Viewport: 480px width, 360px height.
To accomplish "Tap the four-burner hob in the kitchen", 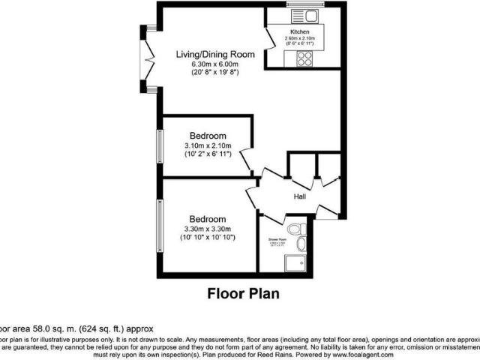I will [x=304, y=59].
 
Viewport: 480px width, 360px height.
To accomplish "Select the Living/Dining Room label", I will [x=215, y=55].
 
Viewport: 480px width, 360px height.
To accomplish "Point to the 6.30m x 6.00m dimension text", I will [x=215, y=64].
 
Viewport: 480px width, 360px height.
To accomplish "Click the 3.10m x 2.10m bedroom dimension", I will [x=208, y=145].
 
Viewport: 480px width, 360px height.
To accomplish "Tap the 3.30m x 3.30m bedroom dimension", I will [x=208, y=229].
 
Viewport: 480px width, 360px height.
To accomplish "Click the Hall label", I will [x=299, y=196].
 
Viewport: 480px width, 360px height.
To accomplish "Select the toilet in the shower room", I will [x=295, y=228].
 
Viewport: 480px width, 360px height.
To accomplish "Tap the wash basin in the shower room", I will [x=301, y=244].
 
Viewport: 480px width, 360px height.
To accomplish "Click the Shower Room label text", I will [x=277, y=239].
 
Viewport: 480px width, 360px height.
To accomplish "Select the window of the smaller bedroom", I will [x=159, y=145].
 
